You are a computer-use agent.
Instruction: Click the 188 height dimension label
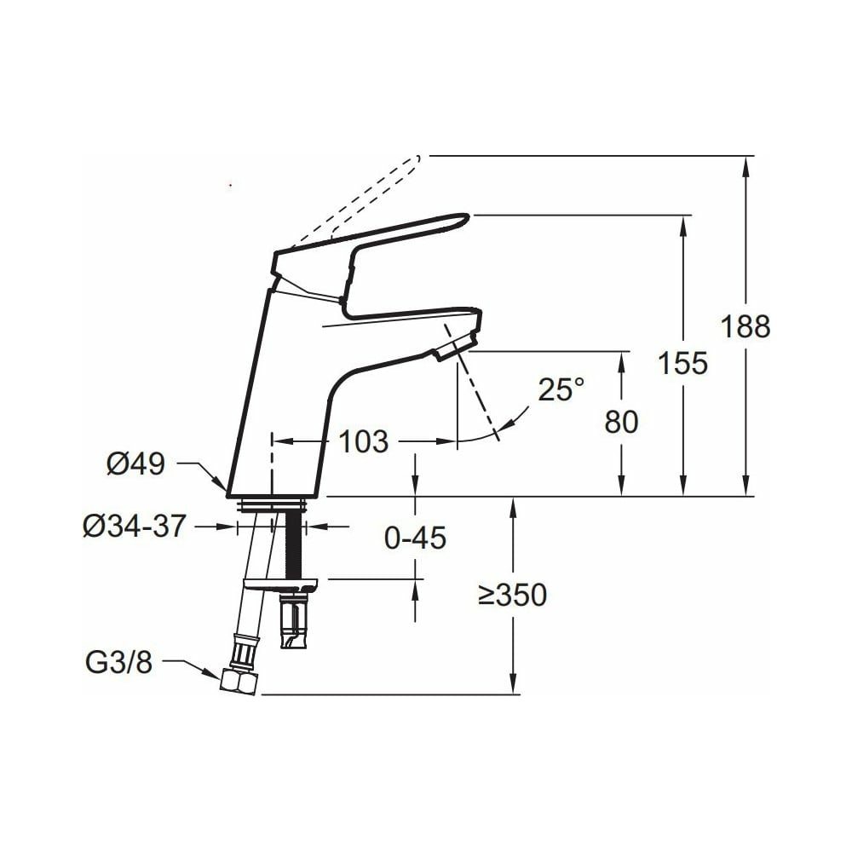click(x=745, y=326)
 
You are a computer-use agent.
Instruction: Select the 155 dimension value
click(x=683, y=362)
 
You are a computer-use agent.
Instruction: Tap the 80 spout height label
click(x=621, y=421)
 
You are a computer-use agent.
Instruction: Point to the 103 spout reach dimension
click(x=364, y=441)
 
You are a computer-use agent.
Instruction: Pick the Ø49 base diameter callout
click(x=135, y=464)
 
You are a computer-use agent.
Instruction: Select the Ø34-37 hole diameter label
click(x=135, y=526)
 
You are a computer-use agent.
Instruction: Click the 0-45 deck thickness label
click(x=415, y=538)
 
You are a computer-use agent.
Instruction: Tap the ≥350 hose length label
click(x=512, y=595)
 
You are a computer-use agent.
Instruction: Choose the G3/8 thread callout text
click(x=119, y=662)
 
